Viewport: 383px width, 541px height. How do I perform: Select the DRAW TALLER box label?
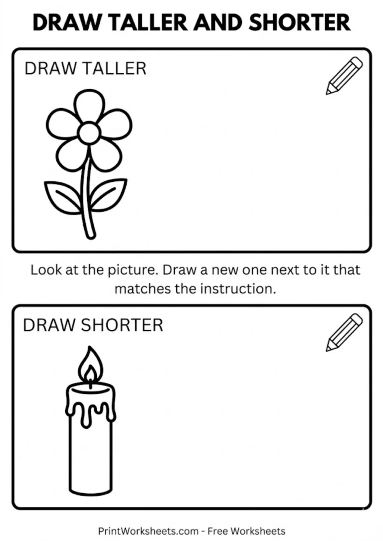click(x=85, y=68)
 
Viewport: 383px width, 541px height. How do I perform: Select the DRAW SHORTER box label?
click(x=93, y=325)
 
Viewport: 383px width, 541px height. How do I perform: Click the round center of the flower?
click(x=90, y=133)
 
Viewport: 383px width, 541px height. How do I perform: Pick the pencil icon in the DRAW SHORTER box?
click(x=344, y=332)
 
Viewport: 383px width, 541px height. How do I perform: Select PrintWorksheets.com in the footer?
click(x=148, y=531)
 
